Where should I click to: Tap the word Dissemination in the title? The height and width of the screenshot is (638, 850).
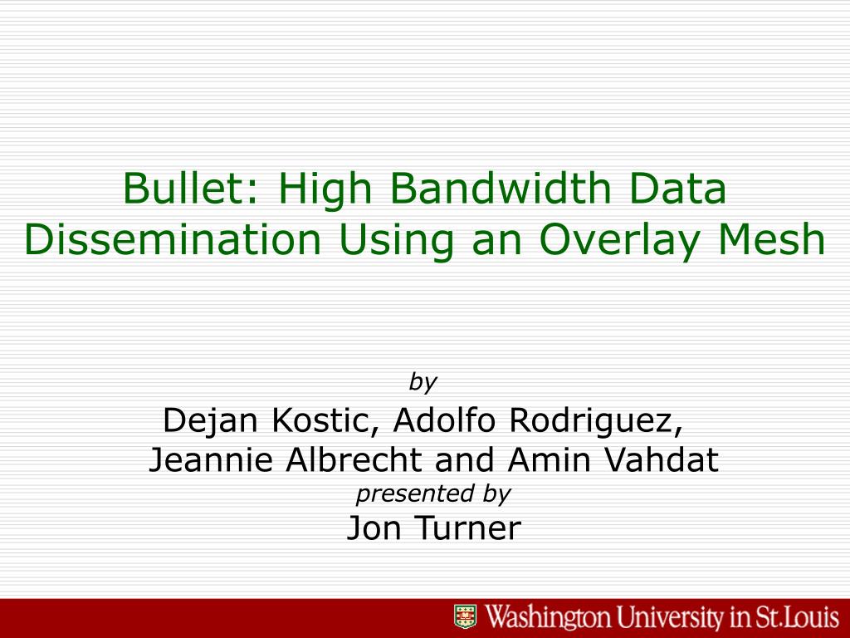pyautogui.click(x=173, y=239)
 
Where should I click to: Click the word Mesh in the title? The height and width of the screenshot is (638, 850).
pyautogui.click(x=771, y=239)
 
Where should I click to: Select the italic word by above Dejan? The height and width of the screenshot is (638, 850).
pyautogui.click(x=423, y=382)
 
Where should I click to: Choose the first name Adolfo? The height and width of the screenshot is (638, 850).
pyautogui.click(x=445, y=420)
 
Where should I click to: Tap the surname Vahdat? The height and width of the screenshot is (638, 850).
pyautogui.click(x=661, y=460)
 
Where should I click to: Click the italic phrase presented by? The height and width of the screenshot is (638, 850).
pyautogui.click(x=433, y=494)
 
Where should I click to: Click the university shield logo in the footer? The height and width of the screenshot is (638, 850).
pyautogui.click(x=465, y=617)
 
